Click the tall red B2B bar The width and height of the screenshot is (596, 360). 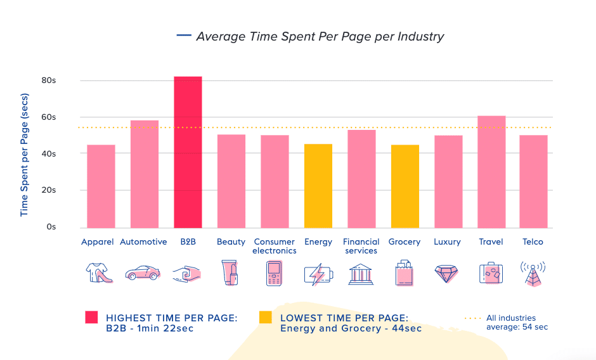tap(188, 152)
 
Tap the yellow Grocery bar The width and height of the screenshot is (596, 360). tap(405, 186)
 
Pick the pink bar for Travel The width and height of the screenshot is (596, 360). tap(491, 172)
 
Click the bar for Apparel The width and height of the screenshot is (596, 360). tap(101, 186)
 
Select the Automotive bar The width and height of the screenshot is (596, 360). tap(144, 174)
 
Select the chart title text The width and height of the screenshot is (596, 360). tap(320, 36)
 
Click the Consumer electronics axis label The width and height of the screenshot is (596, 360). tap(275, 246)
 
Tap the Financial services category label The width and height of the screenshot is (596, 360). tap(361, 246)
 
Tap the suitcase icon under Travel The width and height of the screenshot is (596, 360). tap(491, 273)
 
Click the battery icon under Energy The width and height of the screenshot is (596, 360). tap(318, 274)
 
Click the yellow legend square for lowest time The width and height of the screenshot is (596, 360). tap(265, 318)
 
